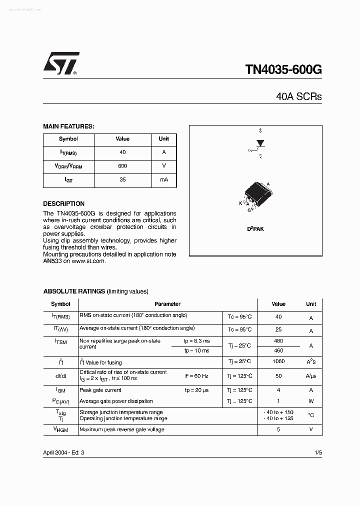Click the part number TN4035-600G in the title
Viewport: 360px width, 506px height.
[x=283, y=69]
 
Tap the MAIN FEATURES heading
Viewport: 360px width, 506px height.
[x=68, y=126]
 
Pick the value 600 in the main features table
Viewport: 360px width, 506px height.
[x=122, y=166]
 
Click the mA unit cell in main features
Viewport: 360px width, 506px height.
[x=164, y=179]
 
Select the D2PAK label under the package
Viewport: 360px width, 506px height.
[x=255, y=228]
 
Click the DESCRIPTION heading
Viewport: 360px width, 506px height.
[x=64, y=204]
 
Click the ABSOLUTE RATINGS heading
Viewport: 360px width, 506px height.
[x=74, y=291]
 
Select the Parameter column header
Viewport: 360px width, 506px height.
[x=167, y=304]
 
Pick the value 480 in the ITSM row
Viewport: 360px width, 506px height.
[x=278, y=341]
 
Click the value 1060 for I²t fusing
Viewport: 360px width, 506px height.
[x=278, y=361]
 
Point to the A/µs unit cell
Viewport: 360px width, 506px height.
[x=311, y=376]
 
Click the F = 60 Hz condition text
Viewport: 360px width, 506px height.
[x=196, y=376]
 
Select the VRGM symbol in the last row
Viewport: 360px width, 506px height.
[x=61, y=429]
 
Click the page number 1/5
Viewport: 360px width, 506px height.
[x=318, y=452]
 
